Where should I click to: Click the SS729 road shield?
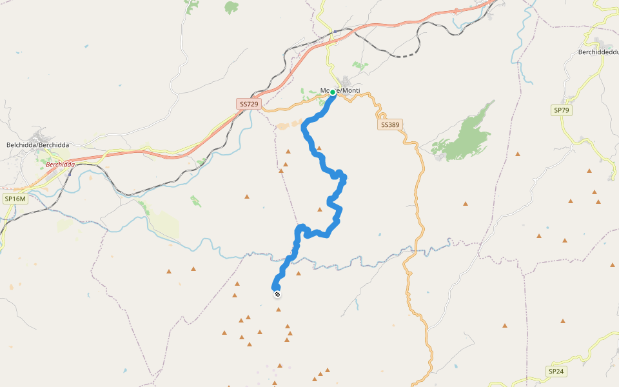[x=249, y=104]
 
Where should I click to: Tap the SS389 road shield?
[x=389, y=124]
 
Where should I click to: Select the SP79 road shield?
[x=562, y=110]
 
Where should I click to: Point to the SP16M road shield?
[x=15, y=199]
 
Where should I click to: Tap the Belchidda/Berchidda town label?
[x=37, y=145]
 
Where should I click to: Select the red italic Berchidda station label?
[x=61, y=164]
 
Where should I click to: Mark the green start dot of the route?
[x=333, y=92]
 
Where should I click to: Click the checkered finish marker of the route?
[x=277, y=295]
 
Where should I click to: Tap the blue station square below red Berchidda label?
[x=69, y=172]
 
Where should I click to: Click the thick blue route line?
[x=324, y=161]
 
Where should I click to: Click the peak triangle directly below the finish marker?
[x=279, y=310]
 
